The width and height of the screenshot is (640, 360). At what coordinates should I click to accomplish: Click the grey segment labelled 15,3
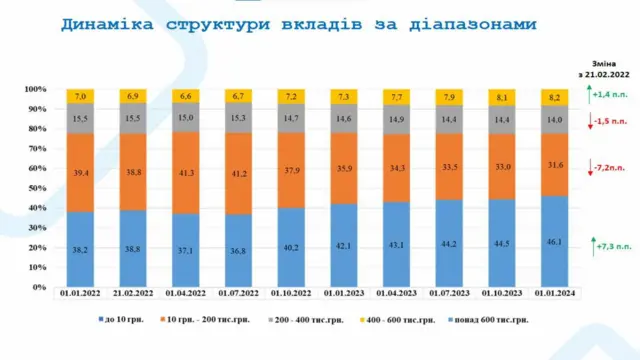(x=241, y=119)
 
